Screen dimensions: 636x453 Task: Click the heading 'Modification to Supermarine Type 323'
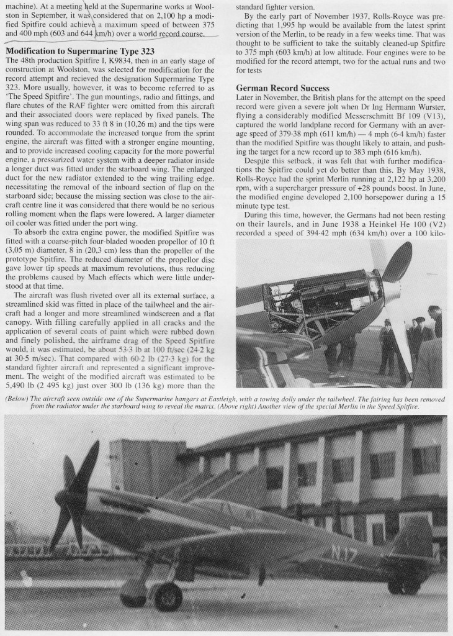[x=80, y=50]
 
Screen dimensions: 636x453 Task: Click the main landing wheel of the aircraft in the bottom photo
[x=167, y=596]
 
